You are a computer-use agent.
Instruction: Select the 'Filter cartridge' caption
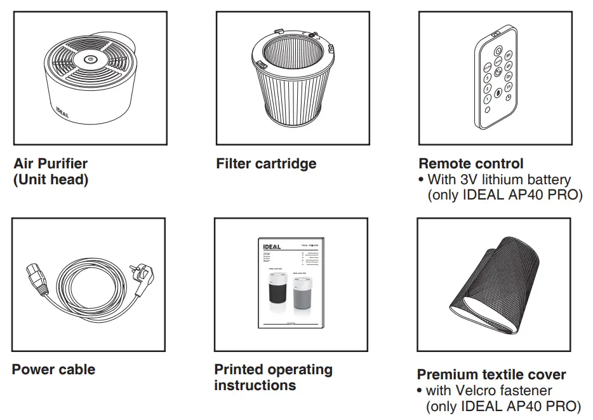(x=266, y=164)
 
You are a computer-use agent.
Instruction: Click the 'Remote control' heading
(x=471, y=164)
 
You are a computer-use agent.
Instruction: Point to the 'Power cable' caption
(x=53, y=370)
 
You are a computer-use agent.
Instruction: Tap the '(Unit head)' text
(x=51, y=180)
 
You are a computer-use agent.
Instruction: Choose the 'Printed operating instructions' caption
(x=273, y=377)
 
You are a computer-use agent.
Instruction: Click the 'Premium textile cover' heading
(x=491, y=374)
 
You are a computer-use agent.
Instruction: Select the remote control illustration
(x=496, y=78)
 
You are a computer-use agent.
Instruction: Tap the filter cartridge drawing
(x=293, y=79)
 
